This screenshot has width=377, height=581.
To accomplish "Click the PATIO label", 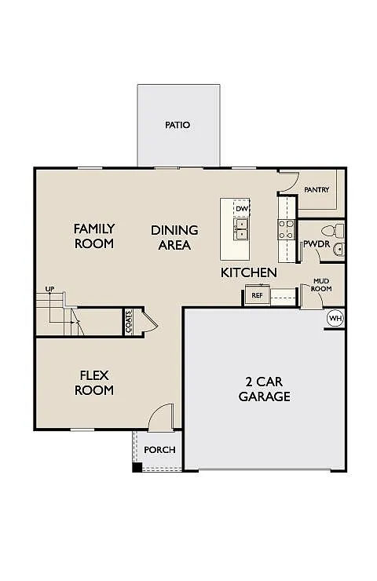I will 178,125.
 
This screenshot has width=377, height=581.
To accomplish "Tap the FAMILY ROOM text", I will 94,236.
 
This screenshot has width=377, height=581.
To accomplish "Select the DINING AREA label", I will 174,237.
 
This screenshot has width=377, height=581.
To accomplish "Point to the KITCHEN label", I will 248,272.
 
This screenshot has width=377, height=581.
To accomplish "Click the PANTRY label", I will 317,190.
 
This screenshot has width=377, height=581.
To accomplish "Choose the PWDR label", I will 315,244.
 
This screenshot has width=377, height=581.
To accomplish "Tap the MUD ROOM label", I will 322,284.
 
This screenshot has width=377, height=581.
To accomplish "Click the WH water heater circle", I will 335,318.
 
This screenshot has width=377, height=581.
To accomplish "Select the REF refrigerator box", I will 256,295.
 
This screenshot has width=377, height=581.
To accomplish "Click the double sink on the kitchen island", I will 242,228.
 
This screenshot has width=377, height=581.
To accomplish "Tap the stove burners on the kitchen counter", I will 286,228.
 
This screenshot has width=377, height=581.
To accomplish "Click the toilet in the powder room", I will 337,231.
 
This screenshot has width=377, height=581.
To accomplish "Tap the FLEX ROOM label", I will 94,382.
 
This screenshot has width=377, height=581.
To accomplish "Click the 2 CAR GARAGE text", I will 264,389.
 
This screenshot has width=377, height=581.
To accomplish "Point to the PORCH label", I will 159,450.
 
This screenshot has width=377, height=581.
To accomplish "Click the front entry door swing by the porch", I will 161,416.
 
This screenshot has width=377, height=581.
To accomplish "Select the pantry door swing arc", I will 288,182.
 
